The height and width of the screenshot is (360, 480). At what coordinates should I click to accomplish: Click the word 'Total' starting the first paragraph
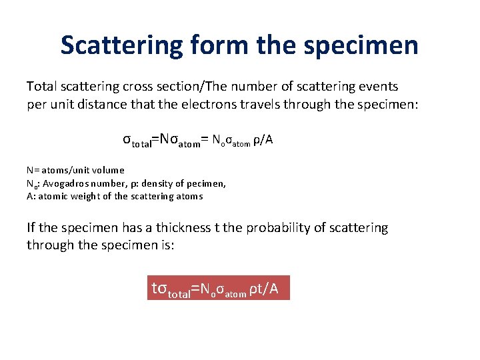41,86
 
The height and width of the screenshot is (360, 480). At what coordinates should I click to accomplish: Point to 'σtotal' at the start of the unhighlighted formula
136,141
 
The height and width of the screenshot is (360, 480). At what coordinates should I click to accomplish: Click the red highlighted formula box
219,289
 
